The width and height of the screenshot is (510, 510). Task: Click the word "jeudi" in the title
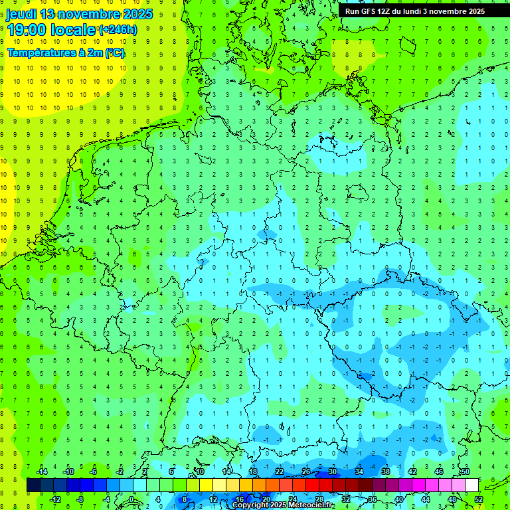point(21,14)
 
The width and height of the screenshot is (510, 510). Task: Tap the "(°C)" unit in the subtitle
point(114,53)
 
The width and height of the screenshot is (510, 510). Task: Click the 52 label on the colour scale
point(479,499)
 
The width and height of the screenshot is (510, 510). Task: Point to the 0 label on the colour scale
point(131,499)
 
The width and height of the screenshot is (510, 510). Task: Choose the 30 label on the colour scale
point(333,471)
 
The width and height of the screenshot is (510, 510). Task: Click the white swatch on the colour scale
point(471,485)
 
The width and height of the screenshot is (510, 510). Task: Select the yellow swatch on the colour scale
point(206,485)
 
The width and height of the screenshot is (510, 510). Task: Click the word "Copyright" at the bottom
point(250,505)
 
